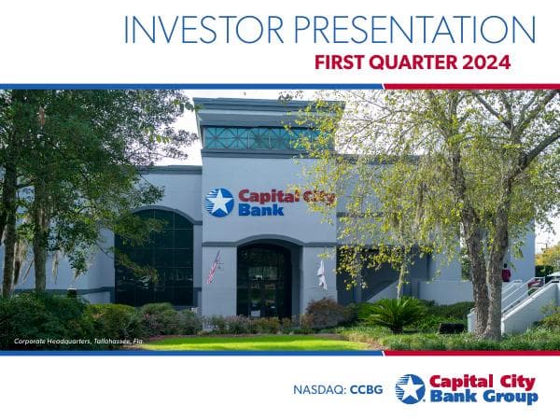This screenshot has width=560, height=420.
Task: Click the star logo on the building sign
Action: [x=219, y=203]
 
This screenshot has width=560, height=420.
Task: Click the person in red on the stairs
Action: [x=506, y=274]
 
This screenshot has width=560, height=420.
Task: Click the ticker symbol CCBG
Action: [x=368, y=389]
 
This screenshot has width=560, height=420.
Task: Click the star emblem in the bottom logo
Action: [x=409, y=388]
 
